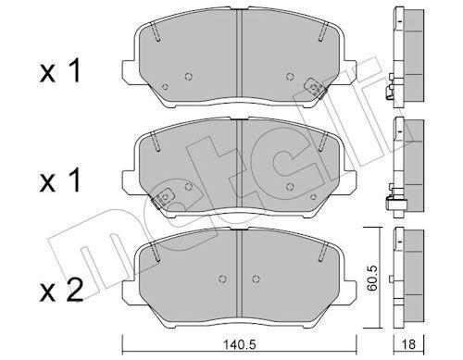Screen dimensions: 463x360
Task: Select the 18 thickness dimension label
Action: pyautogui.click(x=409, y=344)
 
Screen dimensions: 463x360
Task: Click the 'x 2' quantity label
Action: pyautogui.click(x=61, y=290)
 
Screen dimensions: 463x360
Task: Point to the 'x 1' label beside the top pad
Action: pyautogui.click(x=60, y=71)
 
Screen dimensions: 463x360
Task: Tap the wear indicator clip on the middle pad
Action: pyautogui.click(x=162, y=197)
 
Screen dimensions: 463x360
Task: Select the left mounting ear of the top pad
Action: pyautogui.click(x=129, y=71)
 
